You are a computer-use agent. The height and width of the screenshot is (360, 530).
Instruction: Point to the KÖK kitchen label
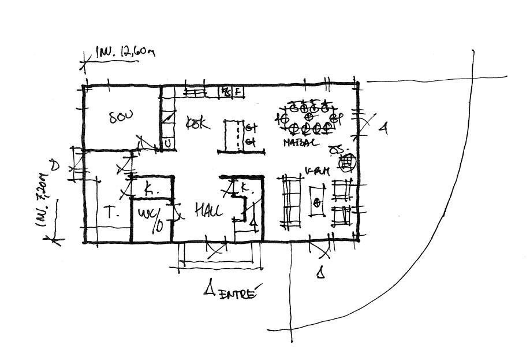197,123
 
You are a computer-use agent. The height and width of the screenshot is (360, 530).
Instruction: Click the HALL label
208,211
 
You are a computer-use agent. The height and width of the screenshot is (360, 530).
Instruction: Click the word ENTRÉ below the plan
237,292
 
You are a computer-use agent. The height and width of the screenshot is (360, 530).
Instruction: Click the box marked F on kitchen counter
238,91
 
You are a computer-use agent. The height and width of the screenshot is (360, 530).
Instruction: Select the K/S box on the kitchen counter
226,91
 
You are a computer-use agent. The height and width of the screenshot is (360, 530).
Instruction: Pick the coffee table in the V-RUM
317,203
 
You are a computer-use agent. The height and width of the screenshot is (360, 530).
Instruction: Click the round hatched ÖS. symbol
346,164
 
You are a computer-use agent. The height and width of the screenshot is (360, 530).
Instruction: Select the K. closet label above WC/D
148,188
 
